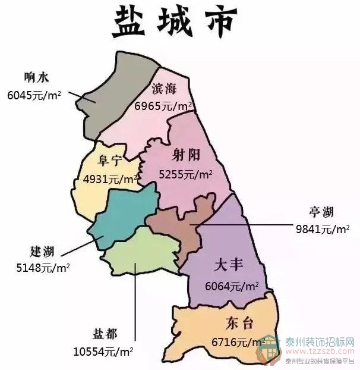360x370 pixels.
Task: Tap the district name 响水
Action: coord(36,77)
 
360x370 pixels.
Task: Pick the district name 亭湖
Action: coord(321,212)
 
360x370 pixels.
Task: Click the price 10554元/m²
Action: coord(103,351)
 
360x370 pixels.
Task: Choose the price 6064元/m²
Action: coord(232,286)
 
